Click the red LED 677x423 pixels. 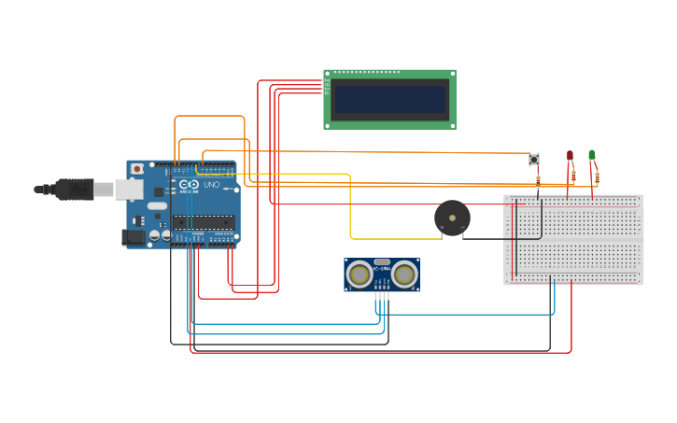coord(570,155)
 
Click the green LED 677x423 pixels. coord(591,154)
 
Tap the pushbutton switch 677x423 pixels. coord(534,160)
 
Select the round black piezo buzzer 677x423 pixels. coord(452,219)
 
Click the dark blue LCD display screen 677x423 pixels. coord(389,99)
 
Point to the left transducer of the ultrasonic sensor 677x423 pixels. coord(359,274)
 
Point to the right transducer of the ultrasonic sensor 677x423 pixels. coord(404,274)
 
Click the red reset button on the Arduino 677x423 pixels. coord(137,169)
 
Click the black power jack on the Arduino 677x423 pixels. coord(134,237)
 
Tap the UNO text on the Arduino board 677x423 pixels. coord(210,185)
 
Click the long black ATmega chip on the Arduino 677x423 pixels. coord(203,221)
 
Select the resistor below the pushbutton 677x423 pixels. coord(537,179)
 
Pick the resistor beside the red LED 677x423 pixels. coord(573,175)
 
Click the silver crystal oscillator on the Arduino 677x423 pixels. coord(157,205)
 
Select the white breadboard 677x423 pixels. coord(573,239)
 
